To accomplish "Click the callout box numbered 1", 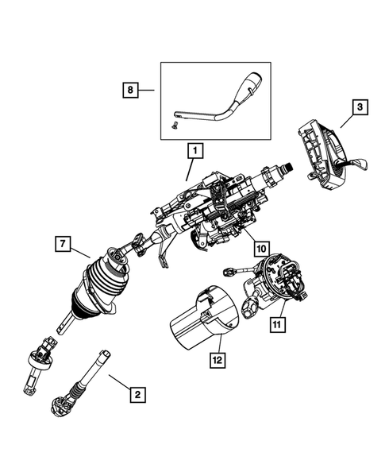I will coord(192,149).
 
